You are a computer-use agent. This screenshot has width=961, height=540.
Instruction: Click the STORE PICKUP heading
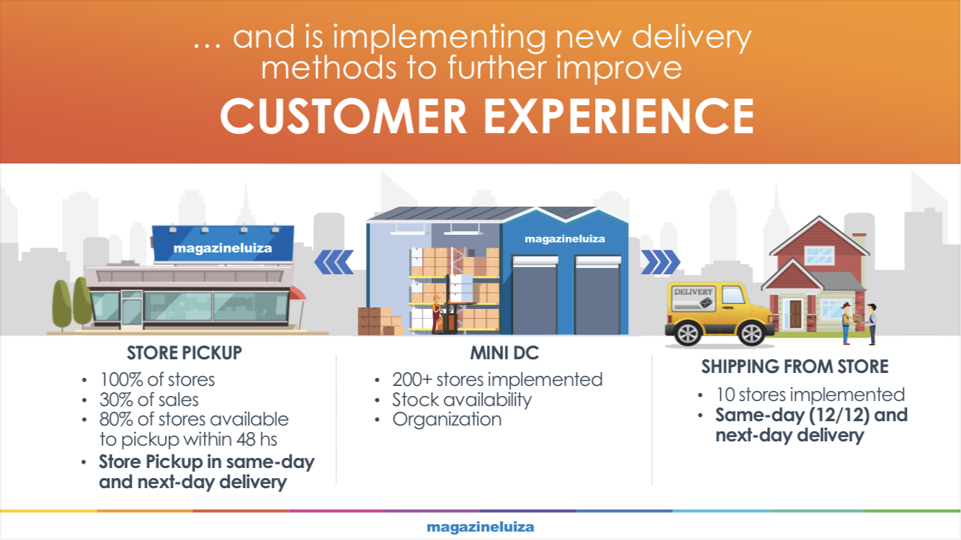(x=184, y=353)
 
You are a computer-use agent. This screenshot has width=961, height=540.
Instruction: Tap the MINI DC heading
(x=504, y=353)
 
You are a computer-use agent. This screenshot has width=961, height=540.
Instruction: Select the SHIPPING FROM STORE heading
(x=795, y=366)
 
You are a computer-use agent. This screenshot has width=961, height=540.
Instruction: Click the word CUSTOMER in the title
(x=343, y=116)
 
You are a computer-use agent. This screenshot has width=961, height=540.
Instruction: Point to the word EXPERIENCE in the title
(x=619, y=116)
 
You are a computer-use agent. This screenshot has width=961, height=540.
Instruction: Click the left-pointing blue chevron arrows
(x=334, y=262)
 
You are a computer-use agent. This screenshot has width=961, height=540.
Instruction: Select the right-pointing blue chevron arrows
(x=661, y=262)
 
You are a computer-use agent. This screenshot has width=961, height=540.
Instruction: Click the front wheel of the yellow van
(x=751, y=333)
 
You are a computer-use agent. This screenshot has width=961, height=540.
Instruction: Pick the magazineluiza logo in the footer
(x=481, y=527)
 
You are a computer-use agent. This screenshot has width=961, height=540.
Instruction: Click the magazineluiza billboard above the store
(x=223, y=243)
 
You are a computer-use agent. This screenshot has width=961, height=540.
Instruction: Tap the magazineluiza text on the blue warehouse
(x=565, y=239)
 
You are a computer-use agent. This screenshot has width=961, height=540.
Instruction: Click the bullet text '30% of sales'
(x=149, y=400)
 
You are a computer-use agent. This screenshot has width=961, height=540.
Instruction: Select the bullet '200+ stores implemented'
(x=497, y=379)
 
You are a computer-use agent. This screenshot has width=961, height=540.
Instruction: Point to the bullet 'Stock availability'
(x=462, y=400)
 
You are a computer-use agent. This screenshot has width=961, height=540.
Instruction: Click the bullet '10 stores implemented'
(x=810, y=395)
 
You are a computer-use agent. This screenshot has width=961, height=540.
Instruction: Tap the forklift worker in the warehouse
(x=437, y=313)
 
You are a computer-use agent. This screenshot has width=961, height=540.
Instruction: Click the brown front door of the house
(x=795, y=314)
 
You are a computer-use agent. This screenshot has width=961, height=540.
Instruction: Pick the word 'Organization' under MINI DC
(x=447, y=420)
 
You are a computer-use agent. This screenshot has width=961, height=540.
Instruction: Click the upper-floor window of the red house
(x=819, y=255)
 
